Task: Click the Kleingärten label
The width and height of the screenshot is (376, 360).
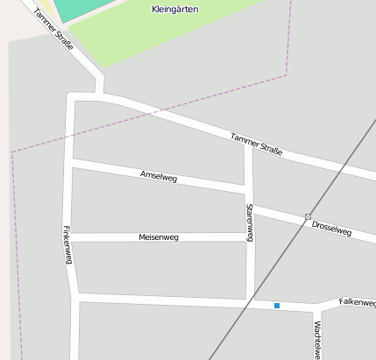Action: tap(174, 9)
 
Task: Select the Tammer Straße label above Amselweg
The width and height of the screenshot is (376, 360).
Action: tap(256, 144)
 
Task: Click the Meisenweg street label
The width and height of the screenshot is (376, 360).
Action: tap(159, 237)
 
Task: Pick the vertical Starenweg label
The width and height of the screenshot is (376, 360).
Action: tap(250, 222)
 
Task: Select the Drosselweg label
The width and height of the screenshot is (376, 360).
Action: tap(331, 228)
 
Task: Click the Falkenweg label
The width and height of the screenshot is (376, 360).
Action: tap(357, 302)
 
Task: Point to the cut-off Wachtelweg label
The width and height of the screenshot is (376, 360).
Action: tap(316, 340)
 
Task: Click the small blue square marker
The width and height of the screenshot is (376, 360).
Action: tap(277, 306)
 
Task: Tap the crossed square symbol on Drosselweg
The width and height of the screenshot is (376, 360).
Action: tap(308, 216)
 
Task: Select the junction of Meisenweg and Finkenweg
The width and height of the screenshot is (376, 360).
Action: tap(70, 237)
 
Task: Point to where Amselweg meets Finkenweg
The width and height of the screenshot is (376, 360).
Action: tap(70, 163)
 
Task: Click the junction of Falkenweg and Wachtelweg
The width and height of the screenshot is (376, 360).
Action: tap(315, 308)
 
